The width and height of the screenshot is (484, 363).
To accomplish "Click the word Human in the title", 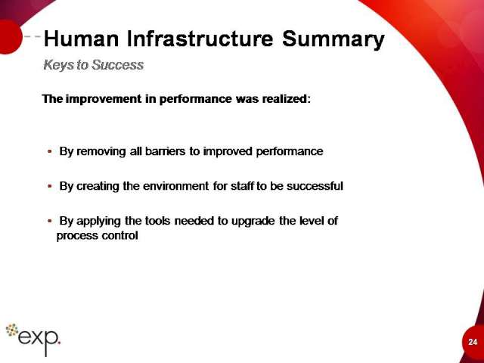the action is (x=81, y=39).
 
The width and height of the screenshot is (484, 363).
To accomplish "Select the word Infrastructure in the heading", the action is (x=200, y=39).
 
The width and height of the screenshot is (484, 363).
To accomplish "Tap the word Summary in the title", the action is (x=334, y=40).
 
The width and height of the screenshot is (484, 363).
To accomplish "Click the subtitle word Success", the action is (x=118, y=65).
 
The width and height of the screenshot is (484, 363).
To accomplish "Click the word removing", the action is (x=101, y=151).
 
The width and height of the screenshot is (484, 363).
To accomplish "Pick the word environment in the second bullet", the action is (x=176, y=186).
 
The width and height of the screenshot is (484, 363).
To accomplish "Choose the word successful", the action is (x=315, y=186).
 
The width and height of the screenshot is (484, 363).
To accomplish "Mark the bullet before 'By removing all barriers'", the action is (x=50, y=151).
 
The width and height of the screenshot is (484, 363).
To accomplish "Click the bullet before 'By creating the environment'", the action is (x=50, y=187).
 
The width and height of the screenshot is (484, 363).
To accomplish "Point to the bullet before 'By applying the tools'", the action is (x=50, y=222).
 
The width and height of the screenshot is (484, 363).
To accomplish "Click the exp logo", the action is (x=33, y=339).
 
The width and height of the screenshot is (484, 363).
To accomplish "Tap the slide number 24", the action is (x=473, y=342).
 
